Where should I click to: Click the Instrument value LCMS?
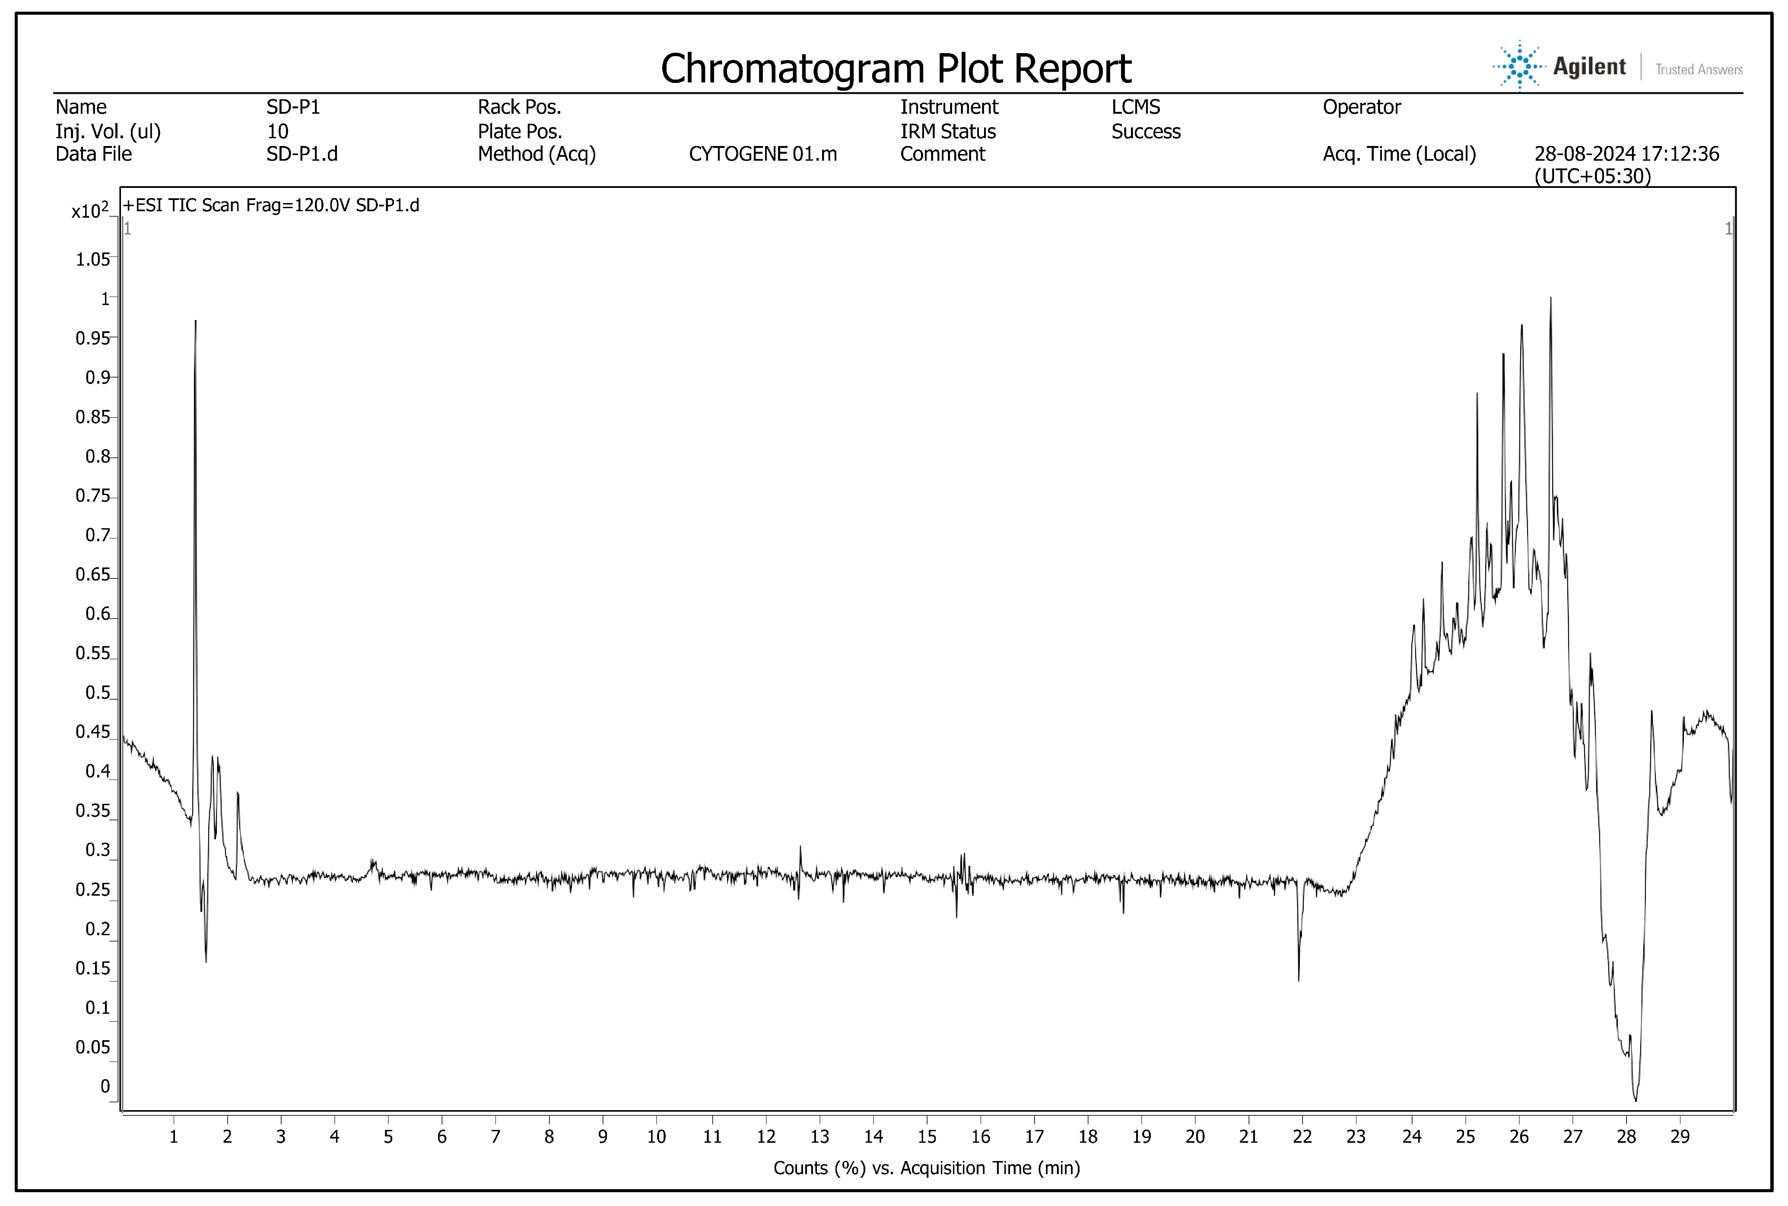pyautogui.click(x=1135, y=107)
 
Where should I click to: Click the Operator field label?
pyautogui.click(x=1361, y=107)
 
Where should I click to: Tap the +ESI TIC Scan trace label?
pyautogui.click(x=271, y=205)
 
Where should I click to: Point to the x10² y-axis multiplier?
pyautogui.click(x=89, y=211)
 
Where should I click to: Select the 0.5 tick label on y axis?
pyautogui.click(x=98, y=693)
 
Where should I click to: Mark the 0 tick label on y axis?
pyautogui.click(x=105, y=1087)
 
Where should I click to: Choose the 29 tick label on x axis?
pyautogui.click(x=1680, y=1137)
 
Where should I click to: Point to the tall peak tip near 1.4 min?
pyautogui.click(x=195, y=321)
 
